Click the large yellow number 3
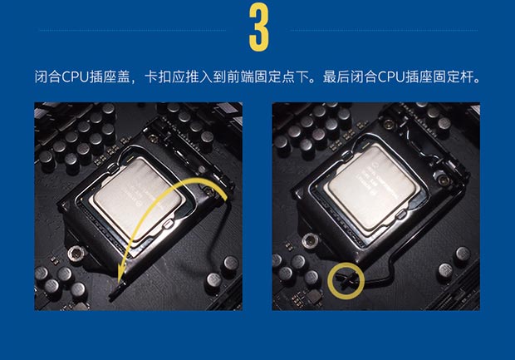(259, 27)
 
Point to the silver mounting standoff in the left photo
(76, 254)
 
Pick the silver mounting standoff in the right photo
(310, 241)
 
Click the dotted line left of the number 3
(132, 30)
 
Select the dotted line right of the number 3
(385, 30)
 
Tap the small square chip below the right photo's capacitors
(314, 297)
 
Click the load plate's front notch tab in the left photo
(168, 224)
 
